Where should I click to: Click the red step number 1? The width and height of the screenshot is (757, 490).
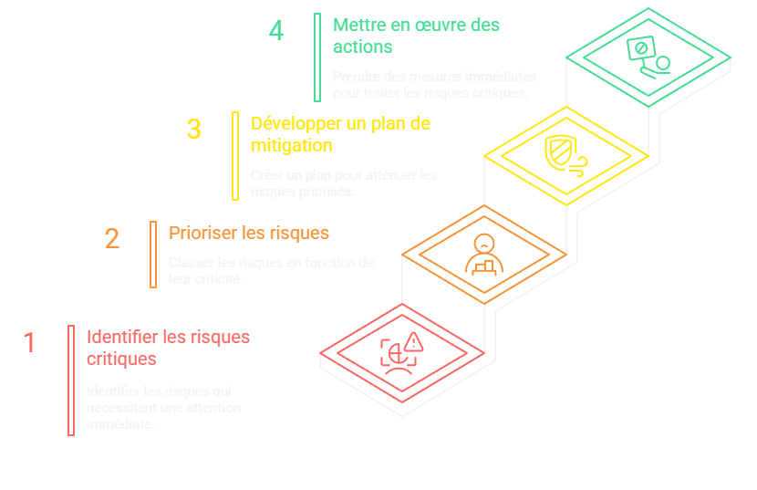click(29, 343)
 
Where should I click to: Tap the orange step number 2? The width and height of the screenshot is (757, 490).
click(111, 239)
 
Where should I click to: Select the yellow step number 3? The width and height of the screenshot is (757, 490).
click(193, 130)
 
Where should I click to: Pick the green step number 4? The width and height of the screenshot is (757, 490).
click(276, 31)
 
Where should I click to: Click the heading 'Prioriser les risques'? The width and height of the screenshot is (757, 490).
click(248, 233)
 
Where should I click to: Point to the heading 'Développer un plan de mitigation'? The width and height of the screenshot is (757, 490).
click(339, 134)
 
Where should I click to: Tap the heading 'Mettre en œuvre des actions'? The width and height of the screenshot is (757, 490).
click(416, 36)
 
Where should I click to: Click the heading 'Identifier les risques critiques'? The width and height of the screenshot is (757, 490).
click(168, 348)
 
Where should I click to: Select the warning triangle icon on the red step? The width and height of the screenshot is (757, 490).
click(414, 343)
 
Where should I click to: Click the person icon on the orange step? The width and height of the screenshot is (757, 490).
click(483, 255)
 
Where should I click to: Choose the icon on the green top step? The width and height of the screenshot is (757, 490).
click(648, 57)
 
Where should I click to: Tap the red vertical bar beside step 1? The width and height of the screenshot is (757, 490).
click(70, 380)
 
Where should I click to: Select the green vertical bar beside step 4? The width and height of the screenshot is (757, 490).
click(317, 57)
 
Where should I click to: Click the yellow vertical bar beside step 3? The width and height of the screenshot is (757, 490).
click(234, 155)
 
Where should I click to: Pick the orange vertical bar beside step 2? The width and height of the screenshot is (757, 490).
click(153, 255)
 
